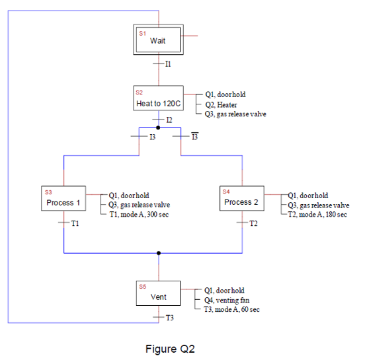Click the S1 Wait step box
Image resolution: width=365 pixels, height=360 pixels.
click(x=157, y=39)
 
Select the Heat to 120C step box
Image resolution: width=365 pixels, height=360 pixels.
click(x=158, y=100)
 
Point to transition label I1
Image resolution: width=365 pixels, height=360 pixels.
click(x=168, y=64)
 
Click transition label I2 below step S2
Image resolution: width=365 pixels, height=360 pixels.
click(x=169, y=120)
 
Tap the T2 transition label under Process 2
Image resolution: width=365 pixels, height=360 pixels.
click(x=253, y=224)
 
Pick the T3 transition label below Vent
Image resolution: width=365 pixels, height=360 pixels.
click(x=169, y=318)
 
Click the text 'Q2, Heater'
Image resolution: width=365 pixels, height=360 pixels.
click(x=221, y=104)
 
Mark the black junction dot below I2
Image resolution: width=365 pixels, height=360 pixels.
click(x=157, y=127)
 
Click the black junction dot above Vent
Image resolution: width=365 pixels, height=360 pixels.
click(x=158, y=253)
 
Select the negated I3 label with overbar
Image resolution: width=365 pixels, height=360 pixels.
click(x=194, y=137)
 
